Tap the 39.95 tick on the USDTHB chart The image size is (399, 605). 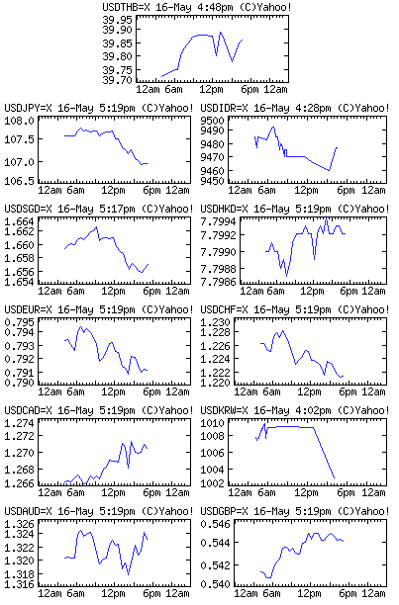coord(118,20)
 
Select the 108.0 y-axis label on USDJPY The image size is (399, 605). coord(20,121)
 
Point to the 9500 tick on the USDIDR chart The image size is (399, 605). coord(212,121)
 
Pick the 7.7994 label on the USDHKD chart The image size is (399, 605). coord(218,221)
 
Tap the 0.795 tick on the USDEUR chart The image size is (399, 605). coord(20,322)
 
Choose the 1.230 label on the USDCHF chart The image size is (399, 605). coord(215,322)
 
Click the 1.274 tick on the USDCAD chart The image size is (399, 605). coord(20,423)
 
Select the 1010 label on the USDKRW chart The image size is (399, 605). coord(212,423)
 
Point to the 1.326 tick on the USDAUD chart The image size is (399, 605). coord(20,524)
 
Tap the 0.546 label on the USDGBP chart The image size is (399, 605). coord(215,524)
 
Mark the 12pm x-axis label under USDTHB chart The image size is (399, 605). coord(211,90)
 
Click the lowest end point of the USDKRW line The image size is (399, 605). coord(334,478)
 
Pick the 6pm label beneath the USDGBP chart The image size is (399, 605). coord(348,593)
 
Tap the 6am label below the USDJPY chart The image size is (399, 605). coord(75,190)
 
